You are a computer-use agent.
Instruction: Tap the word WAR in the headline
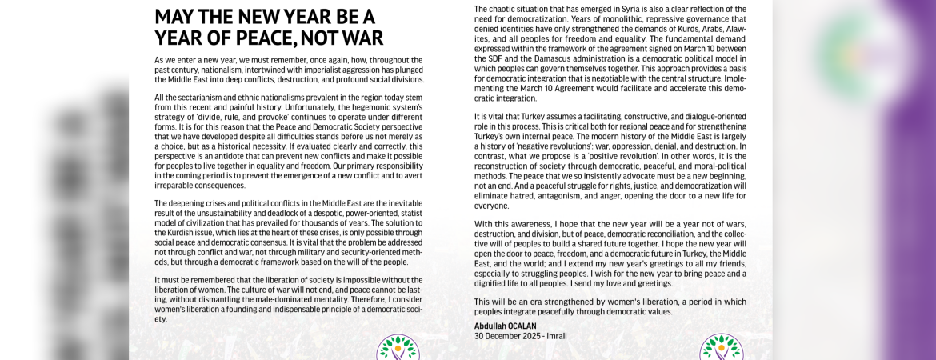click(361, 38)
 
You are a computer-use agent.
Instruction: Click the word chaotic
click(506, 9)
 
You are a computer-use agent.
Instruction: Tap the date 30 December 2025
click(509, 336)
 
